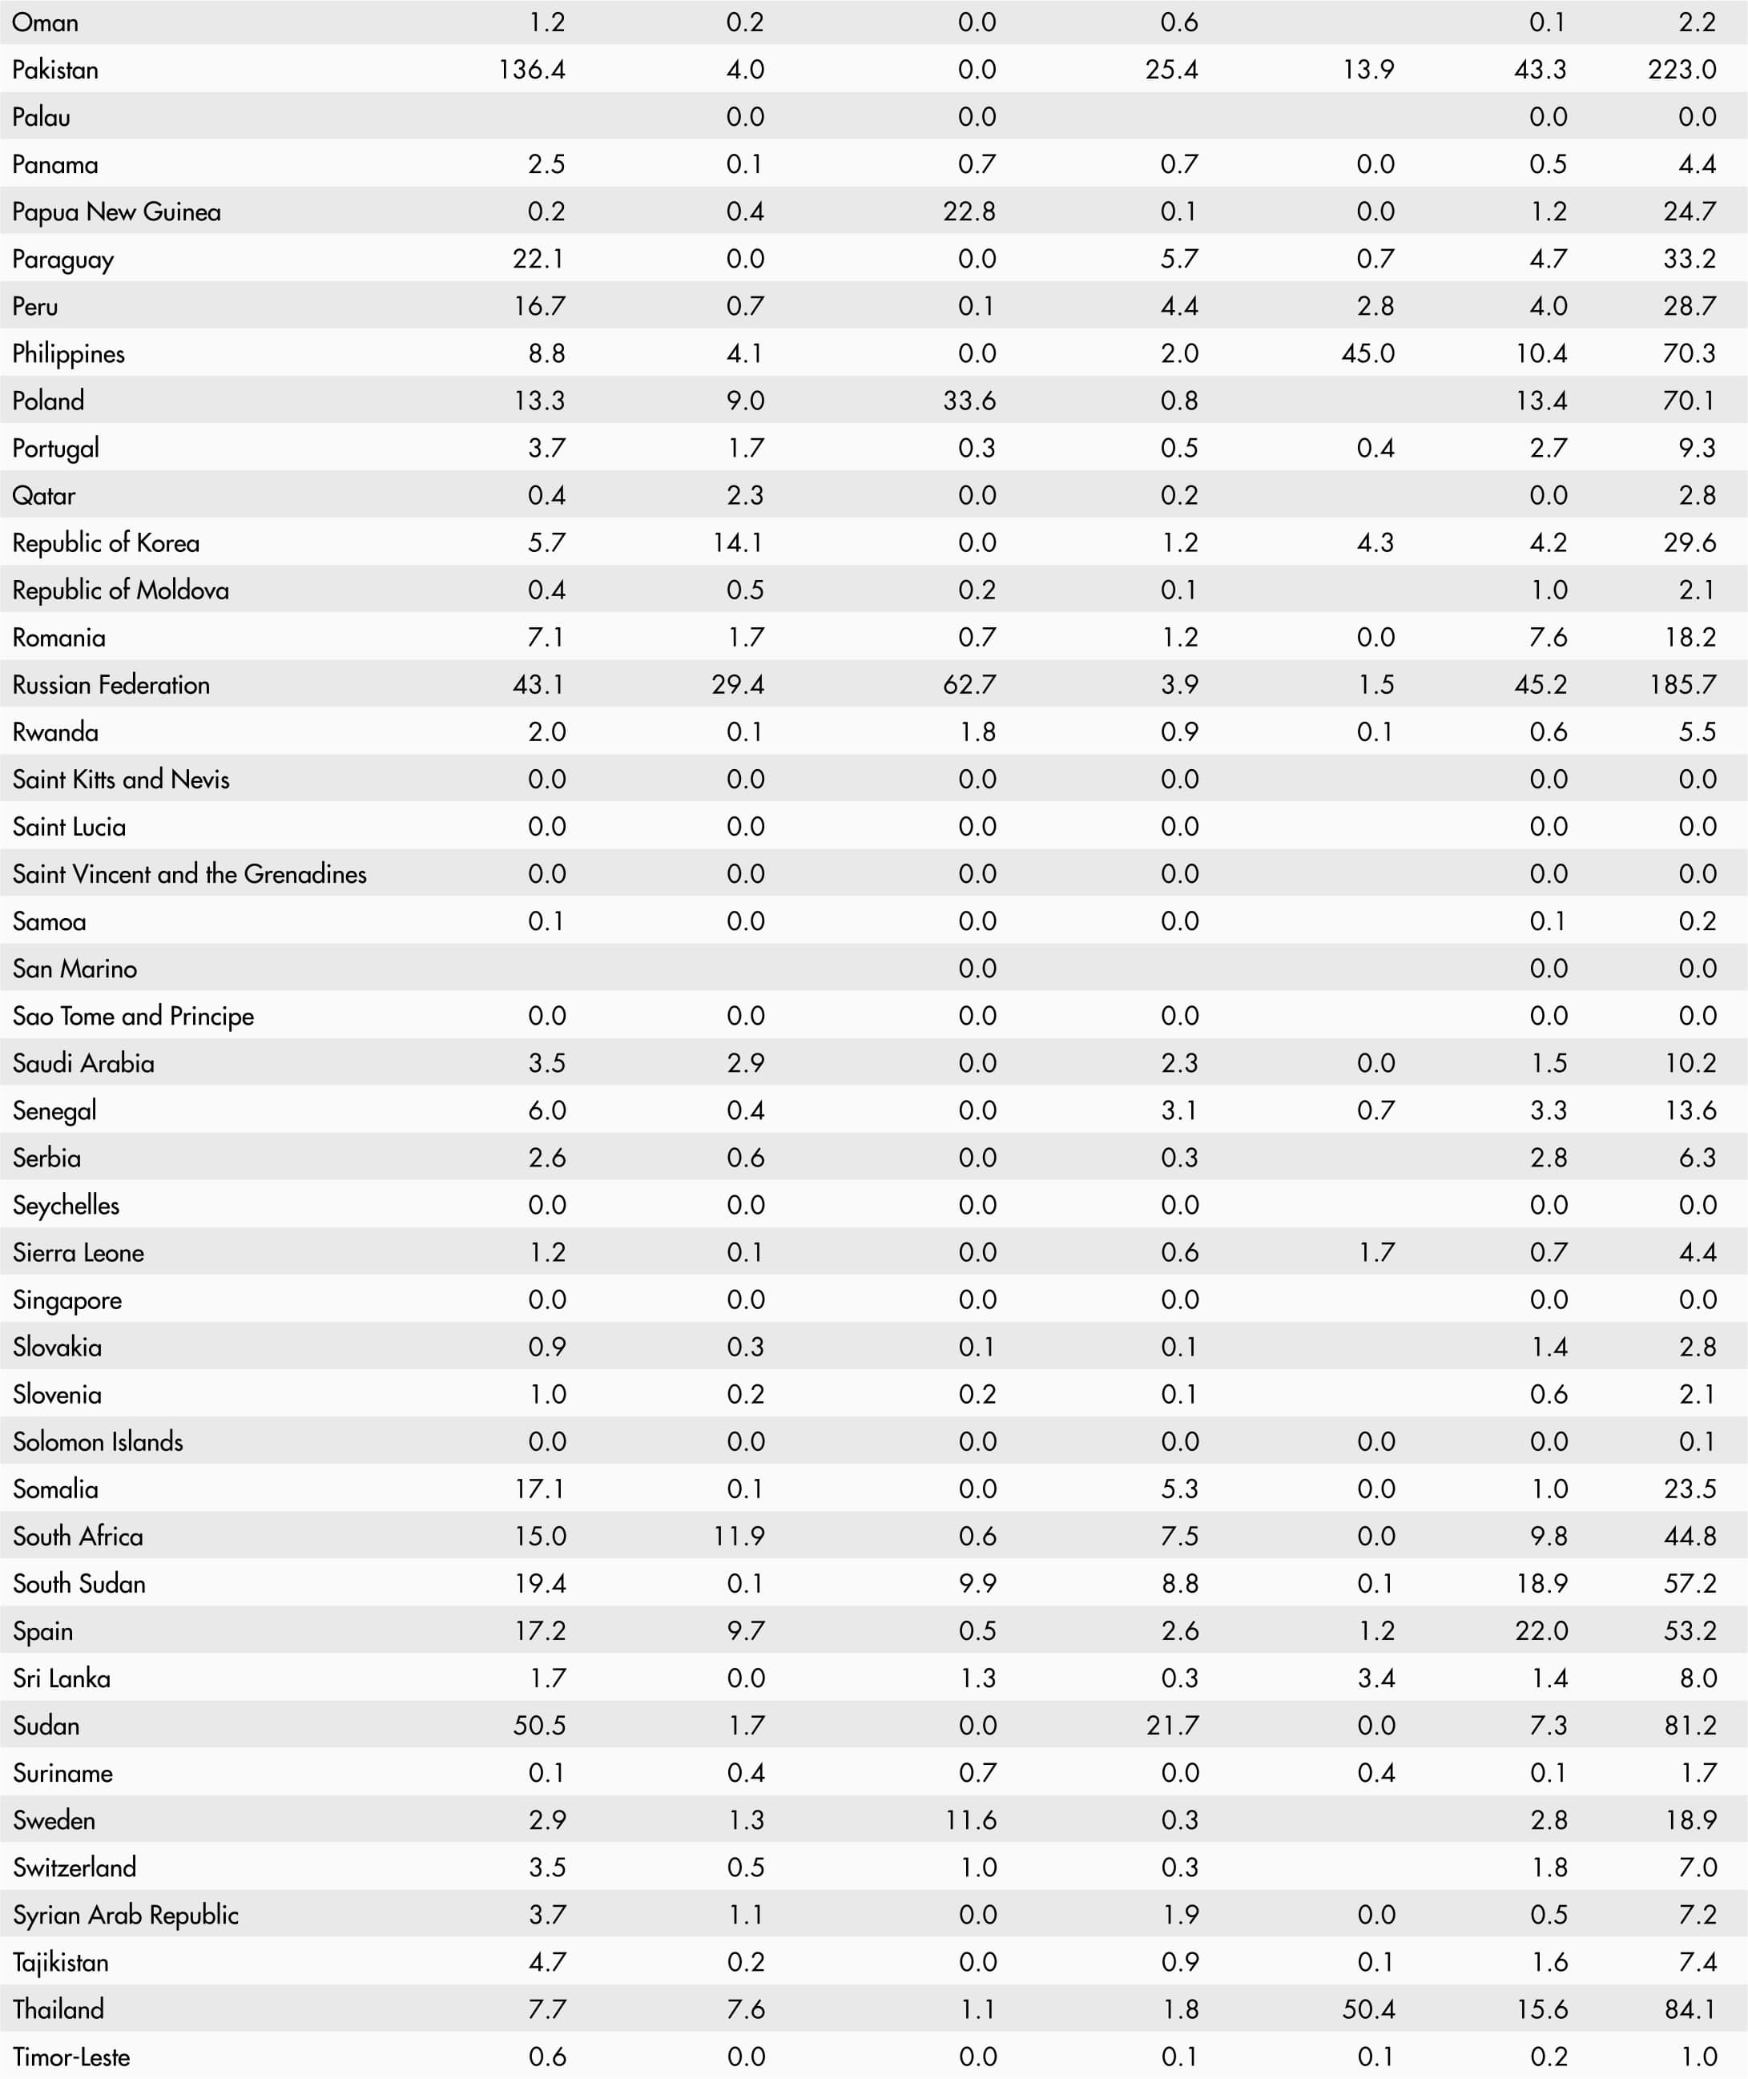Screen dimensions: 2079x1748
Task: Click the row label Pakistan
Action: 55,70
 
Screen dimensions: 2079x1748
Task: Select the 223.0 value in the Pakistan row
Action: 1682,70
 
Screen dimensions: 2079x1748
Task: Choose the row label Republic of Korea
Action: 106,542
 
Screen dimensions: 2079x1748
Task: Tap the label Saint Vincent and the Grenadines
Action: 189,873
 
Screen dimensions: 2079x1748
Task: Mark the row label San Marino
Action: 75,968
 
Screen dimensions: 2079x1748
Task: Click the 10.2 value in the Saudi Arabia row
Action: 1690,1062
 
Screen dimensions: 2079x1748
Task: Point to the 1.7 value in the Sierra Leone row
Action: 1375,1251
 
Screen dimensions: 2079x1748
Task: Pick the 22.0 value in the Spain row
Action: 1541,1630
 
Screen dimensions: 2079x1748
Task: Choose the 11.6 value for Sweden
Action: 970,1819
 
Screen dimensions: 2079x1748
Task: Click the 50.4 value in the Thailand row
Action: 1367,2008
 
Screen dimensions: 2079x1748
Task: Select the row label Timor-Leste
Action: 71,2057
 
